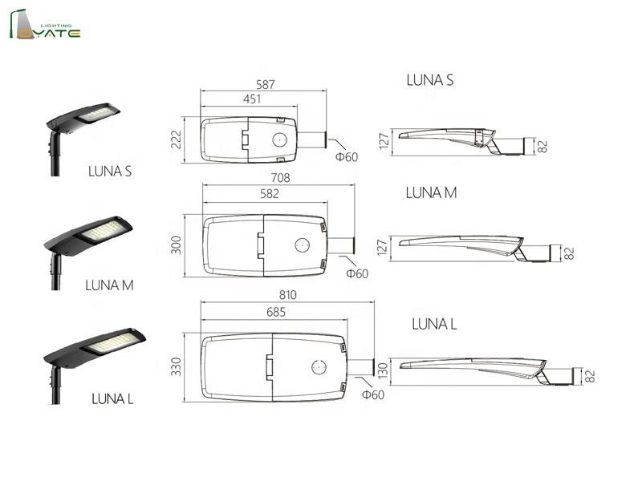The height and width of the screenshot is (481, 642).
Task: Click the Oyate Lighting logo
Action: (45, 25)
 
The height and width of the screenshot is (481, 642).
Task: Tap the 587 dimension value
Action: (266, 85)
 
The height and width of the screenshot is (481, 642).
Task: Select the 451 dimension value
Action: (252, 99)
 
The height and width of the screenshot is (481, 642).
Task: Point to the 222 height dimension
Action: (176, 139)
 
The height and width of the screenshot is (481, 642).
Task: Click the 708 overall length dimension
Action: (280, 178)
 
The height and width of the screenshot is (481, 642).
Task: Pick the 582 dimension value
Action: (270, 194)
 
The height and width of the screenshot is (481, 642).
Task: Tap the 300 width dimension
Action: (176, 245)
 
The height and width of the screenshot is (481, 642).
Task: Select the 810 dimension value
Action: (288, 295)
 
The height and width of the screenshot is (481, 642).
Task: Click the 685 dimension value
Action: (276, 312)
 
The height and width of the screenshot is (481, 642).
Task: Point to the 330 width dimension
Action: (176, 366)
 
